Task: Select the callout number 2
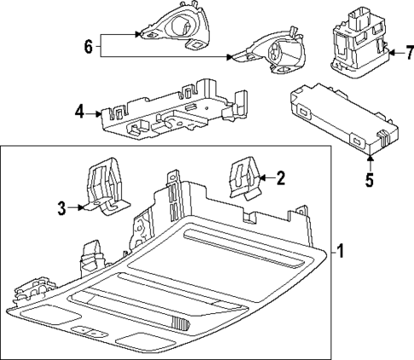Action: pos(279,177)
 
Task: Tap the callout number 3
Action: pos(62,206)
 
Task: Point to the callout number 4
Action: pos(78,110)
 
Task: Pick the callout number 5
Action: pos(370,180)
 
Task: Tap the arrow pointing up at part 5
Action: pos(370,157)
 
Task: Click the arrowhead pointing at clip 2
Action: pos(261,177)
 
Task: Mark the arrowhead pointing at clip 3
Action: pos(80,206)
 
